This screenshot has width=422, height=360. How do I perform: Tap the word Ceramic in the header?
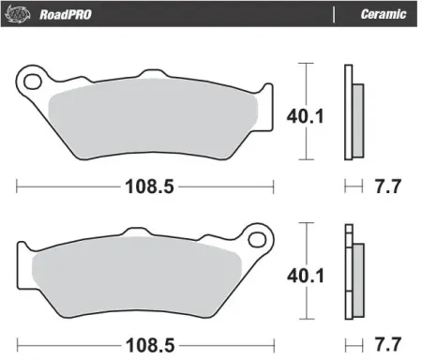tap(383, 14)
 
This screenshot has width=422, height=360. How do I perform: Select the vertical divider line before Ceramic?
tap(335, 14)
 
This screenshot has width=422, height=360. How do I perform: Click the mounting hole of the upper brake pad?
tap(35, 81)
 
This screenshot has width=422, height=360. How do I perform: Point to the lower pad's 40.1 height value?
tap(300, 276)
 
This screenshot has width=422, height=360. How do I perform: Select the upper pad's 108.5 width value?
tap(150, 186)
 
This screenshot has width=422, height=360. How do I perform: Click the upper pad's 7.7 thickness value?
tap(386, 186)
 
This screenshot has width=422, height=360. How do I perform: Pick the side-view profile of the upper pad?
tap(351, 111)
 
